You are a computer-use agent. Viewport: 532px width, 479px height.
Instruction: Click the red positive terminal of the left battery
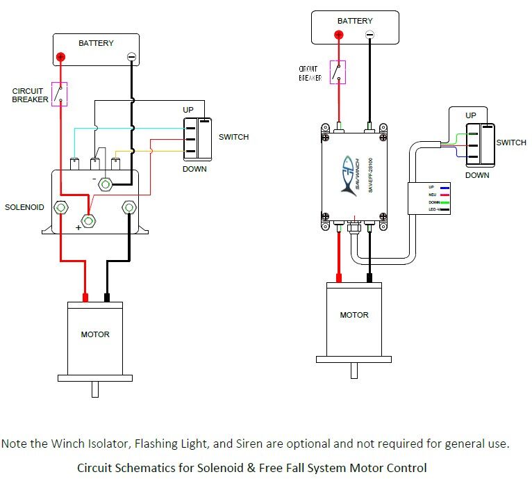pos(61,57)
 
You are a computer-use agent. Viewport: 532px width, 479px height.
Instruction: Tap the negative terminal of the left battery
pos(131,57)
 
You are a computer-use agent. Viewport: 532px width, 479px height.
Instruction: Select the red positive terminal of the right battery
pos(339,34)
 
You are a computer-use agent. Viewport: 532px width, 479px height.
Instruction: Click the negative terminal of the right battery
pos(369,34)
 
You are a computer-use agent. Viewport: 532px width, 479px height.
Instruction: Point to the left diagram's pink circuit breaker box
pos(60,94)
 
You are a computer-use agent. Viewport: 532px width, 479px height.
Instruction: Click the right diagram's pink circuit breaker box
pos(338,72)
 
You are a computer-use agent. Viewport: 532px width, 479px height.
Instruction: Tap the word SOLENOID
pos(24,208)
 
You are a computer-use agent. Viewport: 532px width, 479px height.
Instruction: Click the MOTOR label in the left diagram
pos(95,334)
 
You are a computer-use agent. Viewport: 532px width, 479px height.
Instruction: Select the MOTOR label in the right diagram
pos(354,315)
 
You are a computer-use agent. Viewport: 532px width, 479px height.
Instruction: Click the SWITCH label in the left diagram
pos(233,137)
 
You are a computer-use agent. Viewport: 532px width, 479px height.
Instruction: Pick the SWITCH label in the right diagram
pos(511,143)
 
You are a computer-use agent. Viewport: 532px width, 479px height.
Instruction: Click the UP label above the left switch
pos(188,111)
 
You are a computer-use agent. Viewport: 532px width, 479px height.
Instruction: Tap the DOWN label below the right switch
pos(477,175)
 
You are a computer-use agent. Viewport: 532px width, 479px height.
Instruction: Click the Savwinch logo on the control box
pos(349,174)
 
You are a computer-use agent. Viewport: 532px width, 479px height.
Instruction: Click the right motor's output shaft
pos(354,370)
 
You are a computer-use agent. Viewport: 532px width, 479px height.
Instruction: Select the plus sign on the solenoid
pos(79,228)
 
